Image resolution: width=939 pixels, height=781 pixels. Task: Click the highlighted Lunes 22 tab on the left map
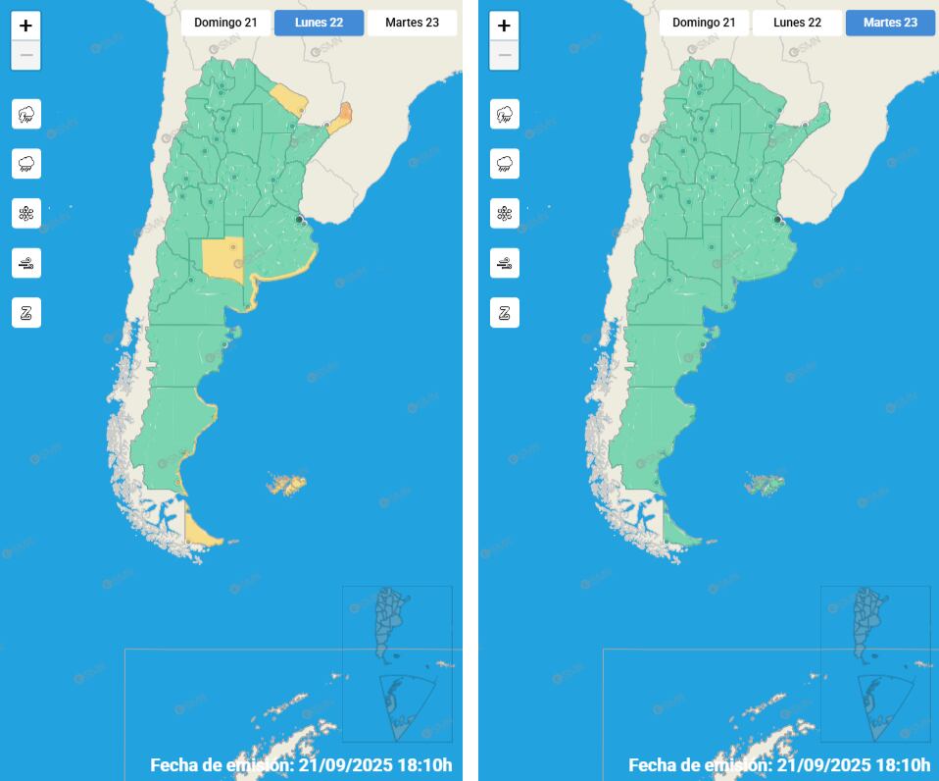(x=319, y=23)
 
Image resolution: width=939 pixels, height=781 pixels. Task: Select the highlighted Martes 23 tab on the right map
(x=890, y=23)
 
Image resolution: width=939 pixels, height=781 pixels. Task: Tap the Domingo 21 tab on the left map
(x=225, y=23)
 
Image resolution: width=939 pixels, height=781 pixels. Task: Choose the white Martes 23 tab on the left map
(x=412, y=23)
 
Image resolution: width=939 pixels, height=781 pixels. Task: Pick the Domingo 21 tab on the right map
(x=704, y=23)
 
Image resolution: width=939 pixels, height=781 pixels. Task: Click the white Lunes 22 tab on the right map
(x=797, y=23)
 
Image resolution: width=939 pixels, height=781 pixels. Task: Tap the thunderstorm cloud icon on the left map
(x=26, y=114)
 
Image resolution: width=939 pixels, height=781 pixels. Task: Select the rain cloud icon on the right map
(x=505, y=164)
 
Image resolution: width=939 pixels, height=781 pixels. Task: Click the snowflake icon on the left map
(x=26, y=213)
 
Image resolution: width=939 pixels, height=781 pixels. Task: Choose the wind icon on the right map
(x=505, y=263)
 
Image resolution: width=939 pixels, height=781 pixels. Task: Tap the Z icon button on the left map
(x=26, y=313)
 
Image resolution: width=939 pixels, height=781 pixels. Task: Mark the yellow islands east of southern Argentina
(x=286, y=485)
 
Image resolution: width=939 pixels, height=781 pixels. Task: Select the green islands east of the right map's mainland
(x=765, y=484)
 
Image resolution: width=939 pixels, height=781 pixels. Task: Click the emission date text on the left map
(x=301, y=764)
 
